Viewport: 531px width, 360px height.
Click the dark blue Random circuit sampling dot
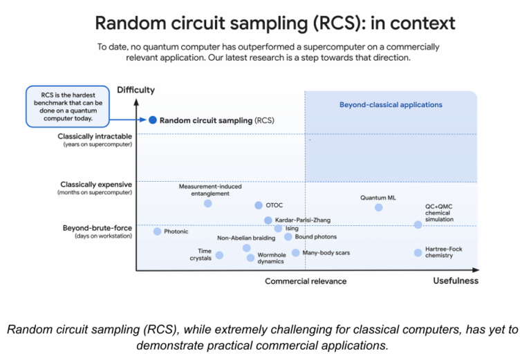(x=152, y=120)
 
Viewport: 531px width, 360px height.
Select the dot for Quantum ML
(x=378, y=207)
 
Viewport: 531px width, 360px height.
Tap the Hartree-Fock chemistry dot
(x=418, y=252)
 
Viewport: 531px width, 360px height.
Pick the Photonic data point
(x=157, y=231)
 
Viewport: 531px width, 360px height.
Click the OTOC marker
(x=259, y=205)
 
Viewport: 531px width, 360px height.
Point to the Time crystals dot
(x=219, y=255)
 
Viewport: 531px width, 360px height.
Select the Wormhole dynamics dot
(x=250, y=258)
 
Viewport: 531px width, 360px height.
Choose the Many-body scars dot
(x=295, y=253)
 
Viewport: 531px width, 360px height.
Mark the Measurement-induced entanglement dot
(x=208, y=203)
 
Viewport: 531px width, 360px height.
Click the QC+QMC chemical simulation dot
(x=418, y=225)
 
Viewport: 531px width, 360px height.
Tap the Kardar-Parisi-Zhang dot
(x=268, y=220)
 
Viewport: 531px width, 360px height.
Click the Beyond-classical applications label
(x=390, y=105)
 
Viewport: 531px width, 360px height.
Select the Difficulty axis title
(x=136, y=90)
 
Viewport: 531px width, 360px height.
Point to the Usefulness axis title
(x=455, y=281)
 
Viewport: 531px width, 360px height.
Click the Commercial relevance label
(x=306, y=281)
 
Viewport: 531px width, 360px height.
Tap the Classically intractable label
(x=95, y=137)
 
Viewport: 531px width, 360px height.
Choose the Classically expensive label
(x=95, y=184)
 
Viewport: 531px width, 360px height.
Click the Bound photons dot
(x=288, y=237)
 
